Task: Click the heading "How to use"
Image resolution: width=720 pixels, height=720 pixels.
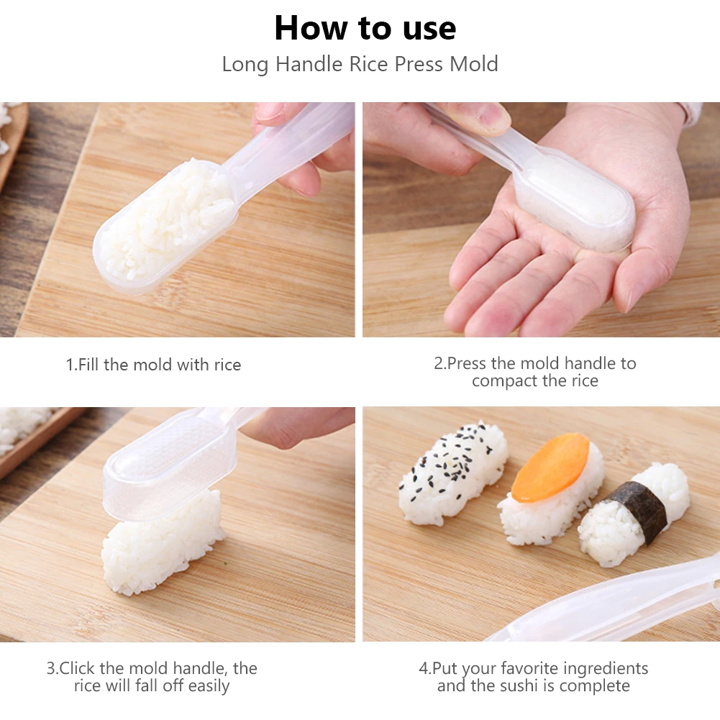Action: [365, 29]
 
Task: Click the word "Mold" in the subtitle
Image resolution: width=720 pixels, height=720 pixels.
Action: [473, 64]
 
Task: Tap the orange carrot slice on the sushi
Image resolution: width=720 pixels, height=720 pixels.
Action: [550, 468]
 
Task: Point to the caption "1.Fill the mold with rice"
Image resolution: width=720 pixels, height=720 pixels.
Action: [153, 365]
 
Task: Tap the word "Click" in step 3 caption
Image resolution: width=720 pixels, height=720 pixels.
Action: [77, 668]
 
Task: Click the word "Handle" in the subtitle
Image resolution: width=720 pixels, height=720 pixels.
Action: [311, 64]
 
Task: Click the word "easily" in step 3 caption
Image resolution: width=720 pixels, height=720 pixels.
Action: [209, 686]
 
